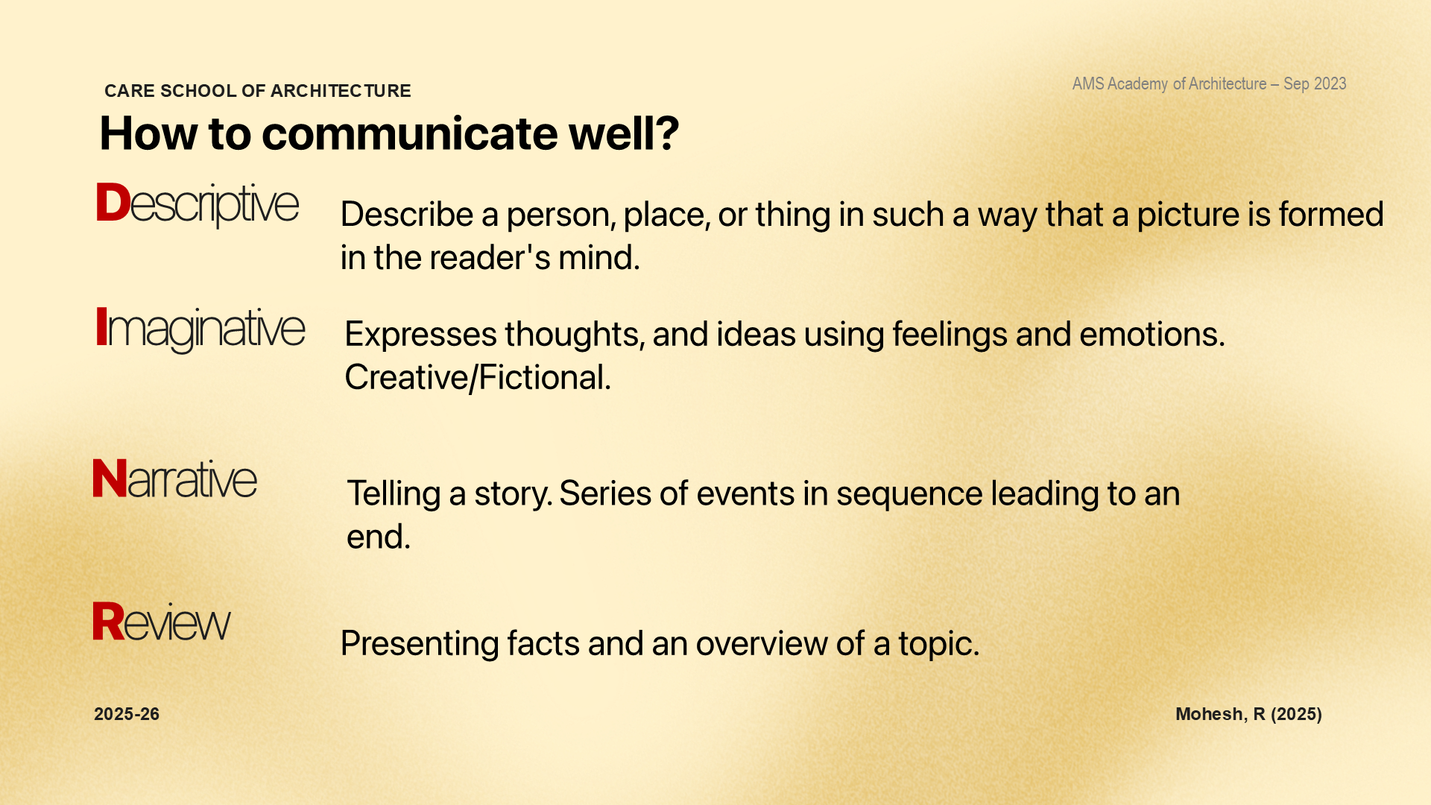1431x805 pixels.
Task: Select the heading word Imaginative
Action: [x=200, y=329]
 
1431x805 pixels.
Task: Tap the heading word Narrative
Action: [x=175, y=479]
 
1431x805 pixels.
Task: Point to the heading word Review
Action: [x=162, y=622]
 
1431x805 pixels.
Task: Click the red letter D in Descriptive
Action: [x=113, y=203]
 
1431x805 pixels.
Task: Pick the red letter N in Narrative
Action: [x=110, y=479]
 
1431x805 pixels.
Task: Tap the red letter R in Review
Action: [x=108, y=621]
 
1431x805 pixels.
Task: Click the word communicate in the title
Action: [x=410, y=133]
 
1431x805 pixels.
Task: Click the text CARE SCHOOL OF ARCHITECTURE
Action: [x=258, y=91]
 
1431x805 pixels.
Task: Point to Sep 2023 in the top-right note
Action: [x=1315, y=83]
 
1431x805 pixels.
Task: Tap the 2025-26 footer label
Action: [x=127, y=714]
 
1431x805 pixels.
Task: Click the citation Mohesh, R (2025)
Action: [x=1249, y=714]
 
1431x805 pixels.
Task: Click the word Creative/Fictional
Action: [x=478, y=377]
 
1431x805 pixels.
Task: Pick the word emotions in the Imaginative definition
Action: [x=1152, y=334]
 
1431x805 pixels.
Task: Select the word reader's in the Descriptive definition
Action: [x=490, y=258]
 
